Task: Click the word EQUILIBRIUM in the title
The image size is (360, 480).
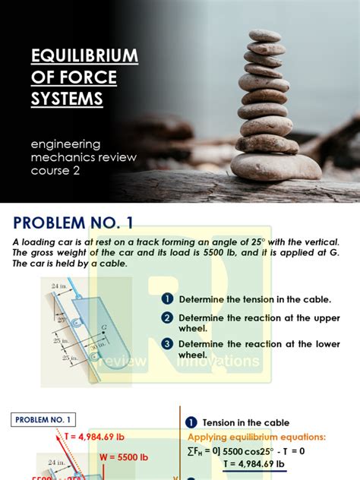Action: pos(84,56)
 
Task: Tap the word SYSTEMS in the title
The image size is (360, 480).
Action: pos(67,99)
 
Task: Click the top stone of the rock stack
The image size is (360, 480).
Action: pos(265,36)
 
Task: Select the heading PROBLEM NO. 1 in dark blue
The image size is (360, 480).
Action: pos(73,223)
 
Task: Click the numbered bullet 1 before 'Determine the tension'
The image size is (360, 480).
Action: pos(167,299)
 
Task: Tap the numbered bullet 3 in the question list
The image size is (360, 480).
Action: pos(167,344)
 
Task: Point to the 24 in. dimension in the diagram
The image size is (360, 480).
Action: pos(59,286)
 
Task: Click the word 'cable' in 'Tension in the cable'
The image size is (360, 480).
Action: pos(273,423)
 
